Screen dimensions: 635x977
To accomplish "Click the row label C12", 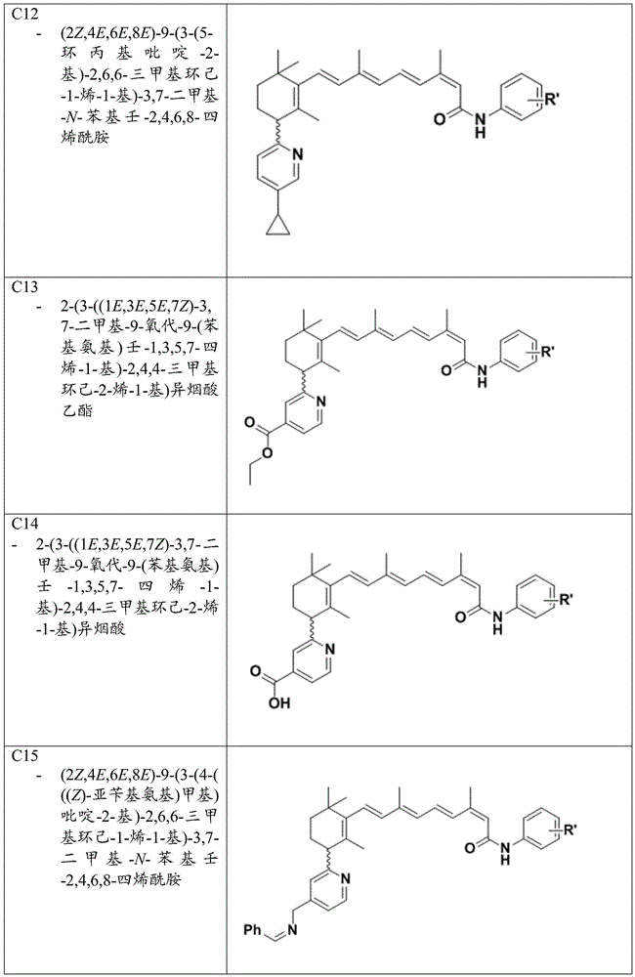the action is [x=23, y=14].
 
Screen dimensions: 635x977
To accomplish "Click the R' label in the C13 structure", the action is [x=546, y=352].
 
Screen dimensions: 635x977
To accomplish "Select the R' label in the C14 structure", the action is [x=566, y=600].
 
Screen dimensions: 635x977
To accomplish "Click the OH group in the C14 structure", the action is [x=279, y=703].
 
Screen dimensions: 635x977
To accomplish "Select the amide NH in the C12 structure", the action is [x=479, y=123].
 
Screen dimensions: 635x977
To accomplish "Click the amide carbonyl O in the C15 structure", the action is [x=470, y=846].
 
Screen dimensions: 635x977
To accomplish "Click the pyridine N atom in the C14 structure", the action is [x=329, y=650].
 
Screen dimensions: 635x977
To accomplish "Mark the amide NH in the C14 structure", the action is [x=496, y=622].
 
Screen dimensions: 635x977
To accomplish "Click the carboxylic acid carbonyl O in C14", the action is [x=255, y=671].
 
